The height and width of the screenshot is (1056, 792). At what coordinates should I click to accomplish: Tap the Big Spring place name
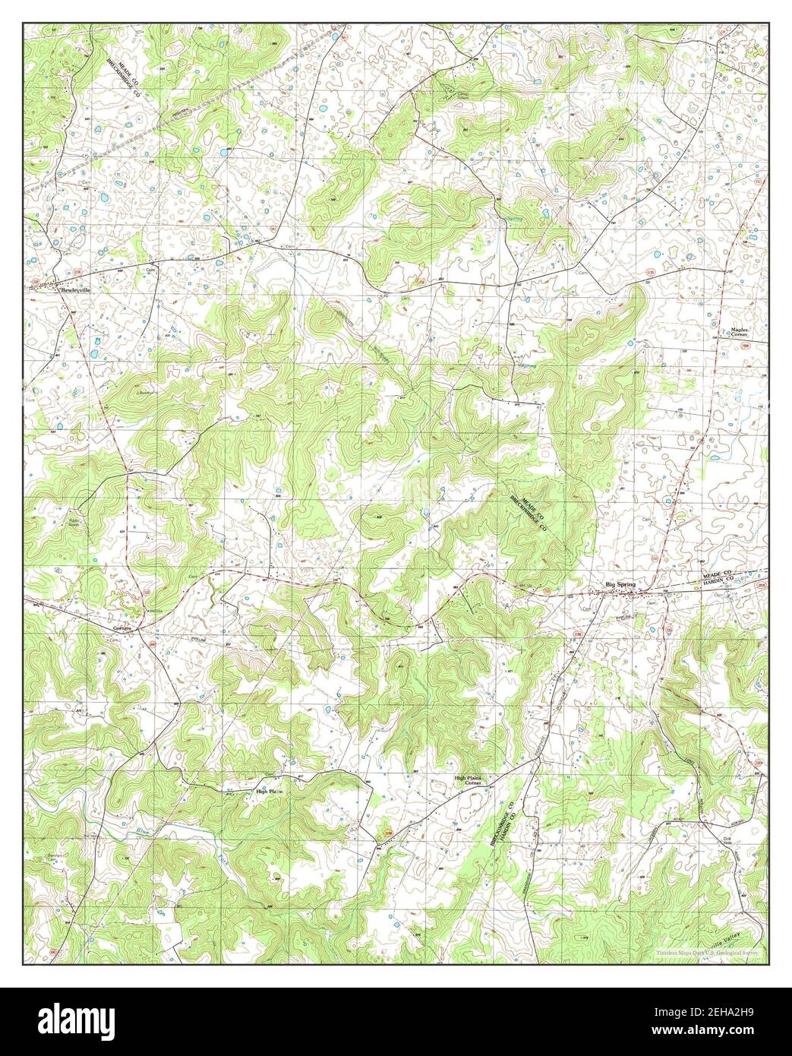[620, 583]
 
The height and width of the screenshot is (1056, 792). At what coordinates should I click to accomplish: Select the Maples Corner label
[739, 332]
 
